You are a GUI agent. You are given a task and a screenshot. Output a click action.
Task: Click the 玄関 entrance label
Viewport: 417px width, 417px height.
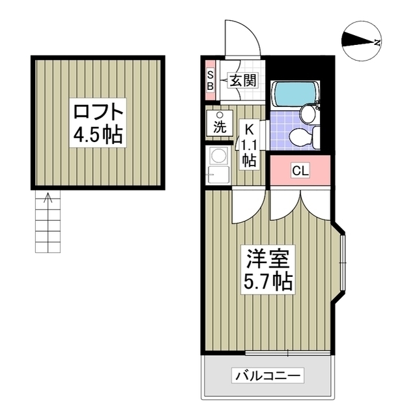point(240,81)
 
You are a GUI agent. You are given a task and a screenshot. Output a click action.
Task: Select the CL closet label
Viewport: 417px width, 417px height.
point(299,171)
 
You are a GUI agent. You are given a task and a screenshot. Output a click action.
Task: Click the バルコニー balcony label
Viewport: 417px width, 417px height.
point(268,375)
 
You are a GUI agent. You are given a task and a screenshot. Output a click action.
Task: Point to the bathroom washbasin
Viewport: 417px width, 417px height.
point(308,115)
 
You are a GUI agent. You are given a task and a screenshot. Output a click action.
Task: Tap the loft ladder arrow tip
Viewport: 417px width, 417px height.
point(48,195)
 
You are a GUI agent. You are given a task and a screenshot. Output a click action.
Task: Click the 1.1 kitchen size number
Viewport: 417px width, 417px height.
point(248,144)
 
